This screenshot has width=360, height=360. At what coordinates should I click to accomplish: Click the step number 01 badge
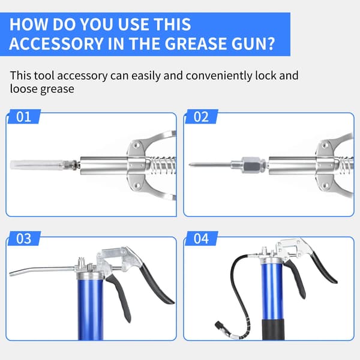pos(24,116)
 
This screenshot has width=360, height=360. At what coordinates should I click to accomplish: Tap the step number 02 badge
pos(201,116)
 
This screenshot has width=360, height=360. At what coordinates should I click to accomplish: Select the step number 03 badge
pos(24,238)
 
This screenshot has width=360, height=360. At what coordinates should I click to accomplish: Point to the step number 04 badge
pos(201,238)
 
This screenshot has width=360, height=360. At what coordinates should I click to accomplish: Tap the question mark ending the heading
pos(271,43)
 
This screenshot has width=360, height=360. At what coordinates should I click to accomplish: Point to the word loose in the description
pos(24,89)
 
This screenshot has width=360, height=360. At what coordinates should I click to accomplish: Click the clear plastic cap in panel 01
pos(37,165)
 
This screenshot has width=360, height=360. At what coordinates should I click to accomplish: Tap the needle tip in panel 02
pos(190,164)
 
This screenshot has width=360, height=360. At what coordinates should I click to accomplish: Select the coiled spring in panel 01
pos(162,165)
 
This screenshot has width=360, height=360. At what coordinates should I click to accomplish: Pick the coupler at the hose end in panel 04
pos(219,326)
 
